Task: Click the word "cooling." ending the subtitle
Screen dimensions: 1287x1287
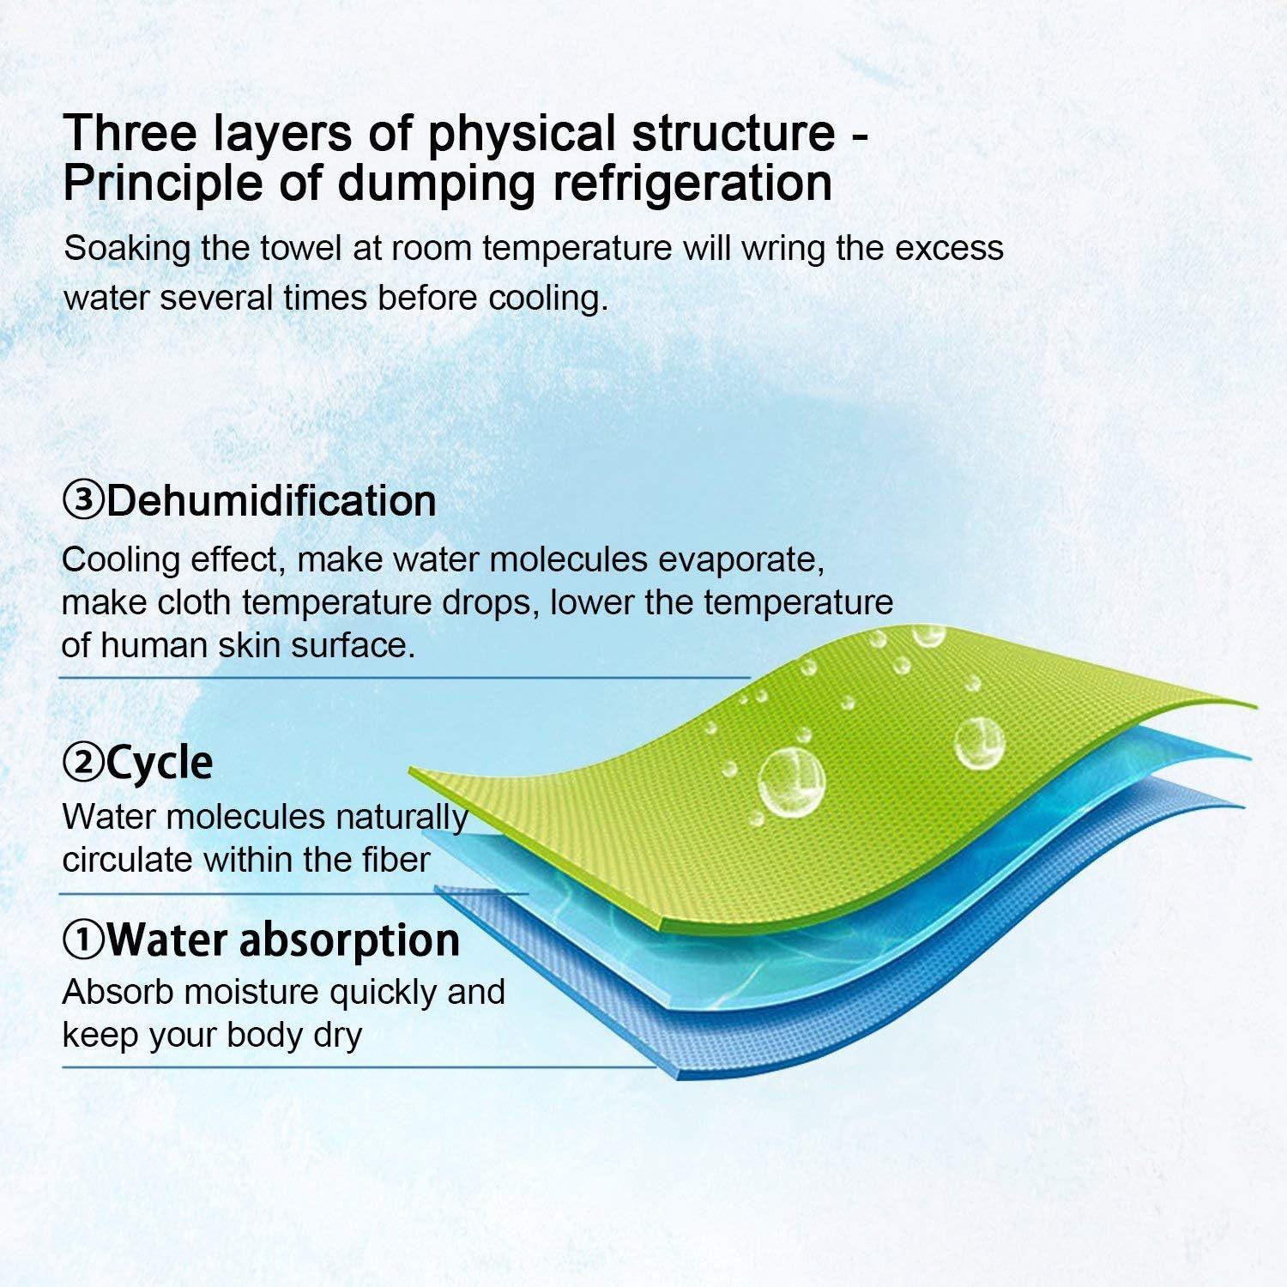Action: (548, 299)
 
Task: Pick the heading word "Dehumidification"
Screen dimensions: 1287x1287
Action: (270, 501)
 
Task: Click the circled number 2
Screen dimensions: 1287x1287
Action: (83, 762)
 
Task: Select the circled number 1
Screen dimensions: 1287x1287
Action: (83, 941)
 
